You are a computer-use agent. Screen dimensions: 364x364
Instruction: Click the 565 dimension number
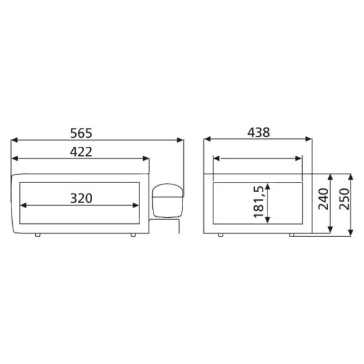click(x=81, y=133)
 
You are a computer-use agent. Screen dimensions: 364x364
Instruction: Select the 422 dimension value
click(x=81, y=152)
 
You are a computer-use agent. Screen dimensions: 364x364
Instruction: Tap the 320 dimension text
click(x=81, y=198)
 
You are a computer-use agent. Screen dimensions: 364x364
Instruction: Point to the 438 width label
click(x=258, y=132)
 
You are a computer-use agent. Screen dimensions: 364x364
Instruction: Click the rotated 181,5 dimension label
click(x=259, y=202)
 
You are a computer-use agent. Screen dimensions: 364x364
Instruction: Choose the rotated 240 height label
click(x=323, y=199)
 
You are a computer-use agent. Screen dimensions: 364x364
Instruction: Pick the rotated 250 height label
click(x=344, y=199)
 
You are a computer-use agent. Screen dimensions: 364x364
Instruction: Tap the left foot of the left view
click(x=38, y=235)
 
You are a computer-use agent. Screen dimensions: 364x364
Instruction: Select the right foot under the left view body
click(x=133, y=235)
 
